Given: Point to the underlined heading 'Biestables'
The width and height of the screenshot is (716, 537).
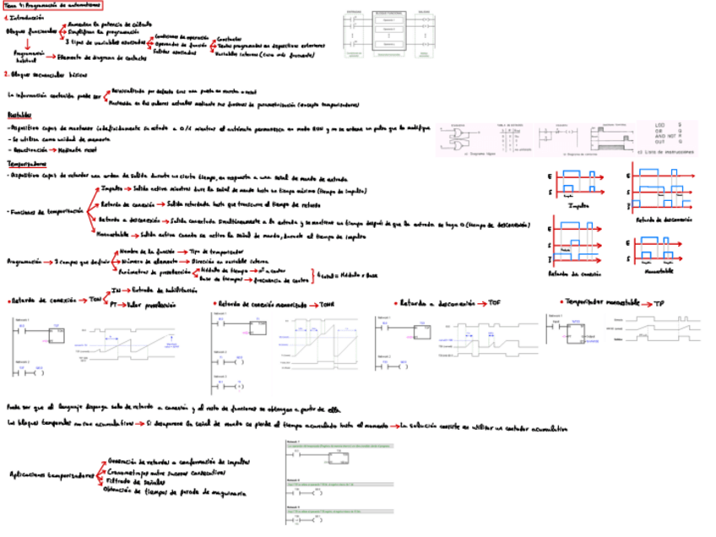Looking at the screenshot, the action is [19, 114].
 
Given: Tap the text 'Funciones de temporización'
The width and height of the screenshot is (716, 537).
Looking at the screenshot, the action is [43, 212].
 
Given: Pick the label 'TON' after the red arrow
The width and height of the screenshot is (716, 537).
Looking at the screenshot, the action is [95, 300].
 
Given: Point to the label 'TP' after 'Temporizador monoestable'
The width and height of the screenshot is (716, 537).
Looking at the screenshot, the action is [659, 302].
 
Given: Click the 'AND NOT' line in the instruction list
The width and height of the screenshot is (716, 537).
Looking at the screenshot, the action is [664, 135].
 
